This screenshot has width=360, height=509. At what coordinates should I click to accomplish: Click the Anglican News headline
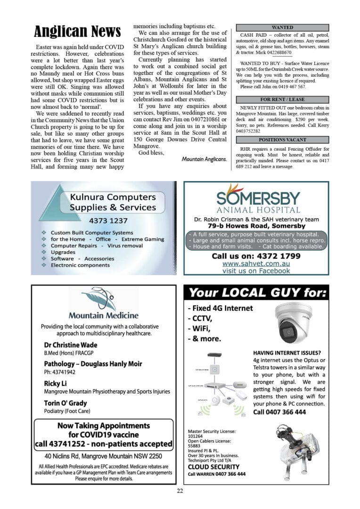[x=77, y=32]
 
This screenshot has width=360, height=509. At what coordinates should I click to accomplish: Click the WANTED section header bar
[x=282, y=28]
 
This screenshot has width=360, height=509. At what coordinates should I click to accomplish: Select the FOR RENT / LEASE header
[x=282, y=99]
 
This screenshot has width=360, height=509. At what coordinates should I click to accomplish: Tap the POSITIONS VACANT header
[x=282, y=140]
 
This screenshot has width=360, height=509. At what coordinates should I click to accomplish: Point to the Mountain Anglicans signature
[x=204, y=159]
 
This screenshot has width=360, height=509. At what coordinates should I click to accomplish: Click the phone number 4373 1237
[x=108, y=220]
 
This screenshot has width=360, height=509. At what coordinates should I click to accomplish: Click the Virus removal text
[x=125, y=246]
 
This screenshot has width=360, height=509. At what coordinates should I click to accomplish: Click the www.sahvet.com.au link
[x=256, y=263]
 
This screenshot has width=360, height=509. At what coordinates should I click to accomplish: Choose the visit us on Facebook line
[x=256, y=271]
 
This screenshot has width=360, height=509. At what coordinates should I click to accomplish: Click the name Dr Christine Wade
[x=71, y=345]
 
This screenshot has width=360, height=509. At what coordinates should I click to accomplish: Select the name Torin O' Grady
[x=65, y=403]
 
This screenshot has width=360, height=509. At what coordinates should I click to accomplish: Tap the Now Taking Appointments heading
[x=103, y=426]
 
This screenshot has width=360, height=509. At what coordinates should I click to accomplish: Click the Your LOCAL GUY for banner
[x=256, y=294]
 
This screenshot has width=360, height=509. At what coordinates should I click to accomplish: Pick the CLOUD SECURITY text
[x=213, y=467]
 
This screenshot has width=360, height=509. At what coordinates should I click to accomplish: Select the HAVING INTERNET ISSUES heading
[x=287, y=353]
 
